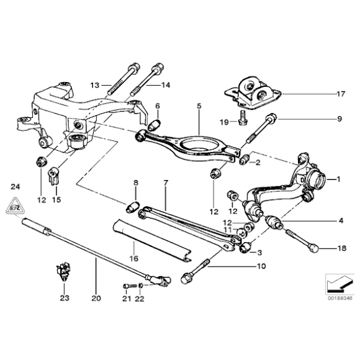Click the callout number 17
click(x=340, y=95)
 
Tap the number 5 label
click(x=199, y=107)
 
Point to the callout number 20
click(x=95, y=298)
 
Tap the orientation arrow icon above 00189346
click(x=338, y=284)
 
